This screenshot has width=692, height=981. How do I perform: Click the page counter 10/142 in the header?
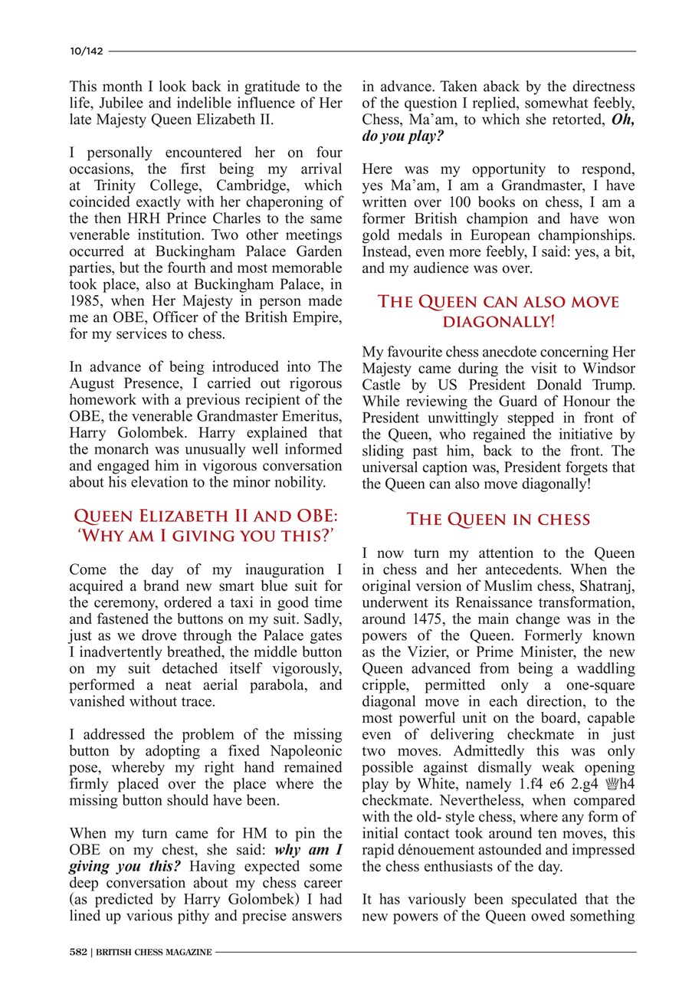tap(84, 51)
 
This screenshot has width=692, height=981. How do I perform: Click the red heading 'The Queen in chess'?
tap(498, 520)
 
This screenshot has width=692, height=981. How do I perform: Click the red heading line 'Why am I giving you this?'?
tap(205, 536)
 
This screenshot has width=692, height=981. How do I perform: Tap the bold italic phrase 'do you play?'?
tap(402, 136)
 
